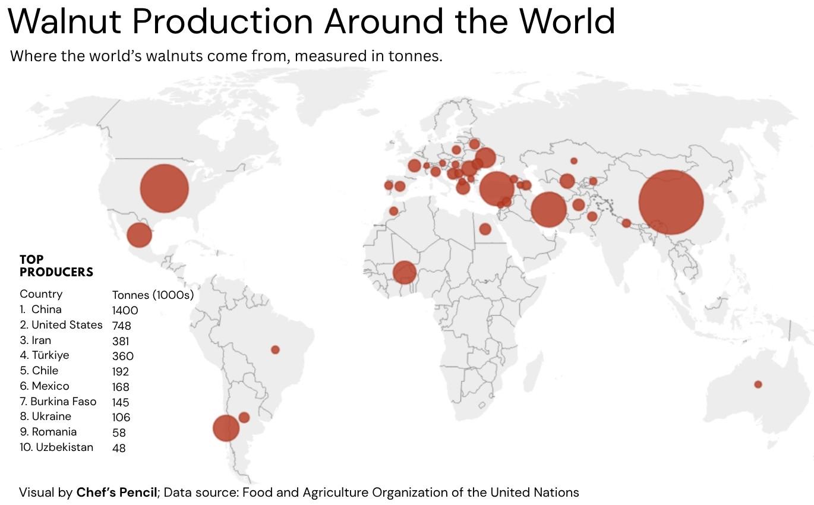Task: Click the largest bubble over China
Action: click(x=671, y=202)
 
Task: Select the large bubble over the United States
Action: click(x=165, y=188)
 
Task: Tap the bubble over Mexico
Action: click(x=140, y=235)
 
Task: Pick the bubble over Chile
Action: click(x=226, y=428)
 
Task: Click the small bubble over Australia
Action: click(x=758, y=384)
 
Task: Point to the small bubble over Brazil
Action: click(x=275, y=349)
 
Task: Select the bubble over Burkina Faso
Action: click(x=405, y=273)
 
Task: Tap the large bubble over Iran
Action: click(x=548, y=210)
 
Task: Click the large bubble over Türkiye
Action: click(x=496, y=188)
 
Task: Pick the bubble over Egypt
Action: click(x=485, y=229)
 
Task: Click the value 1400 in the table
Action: click(x=125, y=310)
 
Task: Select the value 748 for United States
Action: click(x=121, y=326)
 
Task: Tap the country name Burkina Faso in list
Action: click(x=63, y=402)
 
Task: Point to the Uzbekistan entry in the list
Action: click(x=64, y=447)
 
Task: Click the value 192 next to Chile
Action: click(x=120, y=371)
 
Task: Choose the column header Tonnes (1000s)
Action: click(x=153, y=295)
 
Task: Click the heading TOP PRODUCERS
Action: click(x=56, y=266)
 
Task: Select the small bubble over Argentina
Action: click(x=244, y=417)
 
